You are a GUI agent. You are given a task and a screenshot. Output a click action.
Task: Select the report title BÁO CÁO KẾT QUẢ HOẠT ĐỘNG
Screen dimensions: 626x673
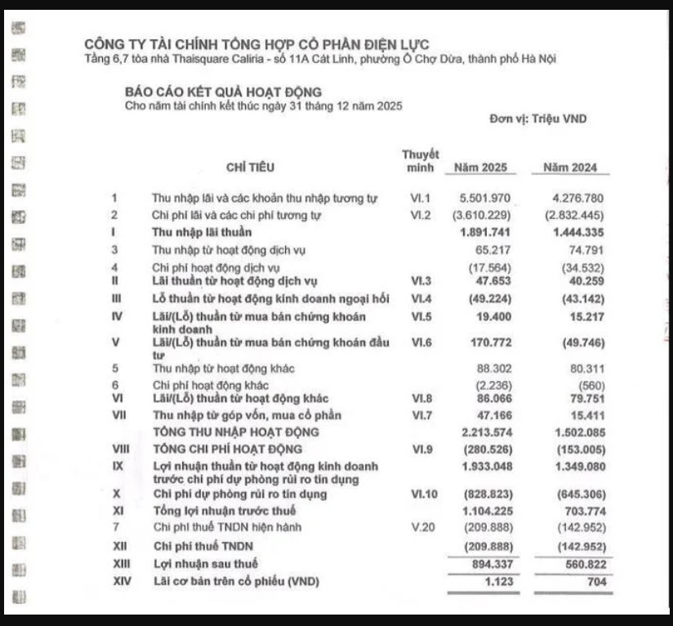click(x=222, y=92)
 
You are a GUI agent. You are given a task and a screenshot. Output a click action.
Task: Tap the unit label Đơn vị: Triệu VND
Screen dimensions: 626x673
click(x=538, y=119)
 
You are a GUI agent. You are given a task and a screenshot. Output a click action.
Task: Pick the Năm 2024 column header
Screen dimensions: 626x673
click(x=570, y=168)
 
